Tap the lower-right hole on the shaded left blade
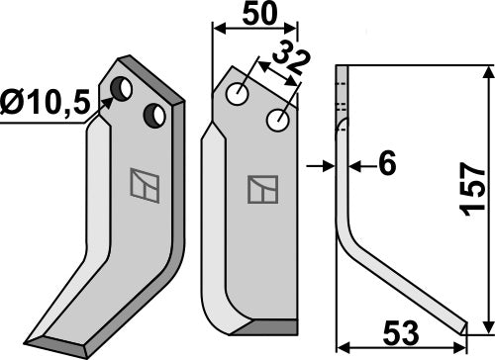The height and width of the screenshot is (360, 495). (155, 116)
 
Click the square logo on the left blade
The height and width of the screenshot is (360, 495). (142, 185)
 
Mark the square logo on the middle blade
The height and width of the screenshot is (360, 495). (262, 188)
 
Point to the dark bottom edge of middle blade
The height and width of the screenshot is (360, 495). (262, 328)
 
